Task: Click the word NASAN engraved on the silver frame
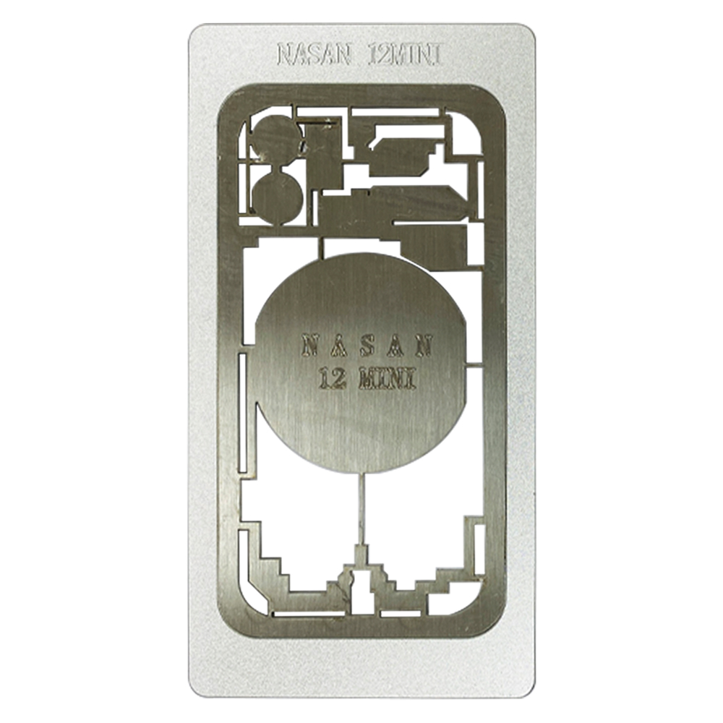pos(314,54)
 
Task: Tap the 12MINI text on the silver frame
pos(406,54)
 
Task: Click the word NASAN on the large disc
pos(367,346)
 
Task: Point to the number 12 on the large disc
pos(332,379)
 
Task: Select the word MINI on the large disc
pos(388,379)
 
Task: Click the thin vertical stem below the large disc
pos(361,510)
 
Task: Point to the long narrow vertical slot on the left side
pos(242,413)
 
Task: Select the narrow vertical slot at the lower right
pos(479,549)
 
